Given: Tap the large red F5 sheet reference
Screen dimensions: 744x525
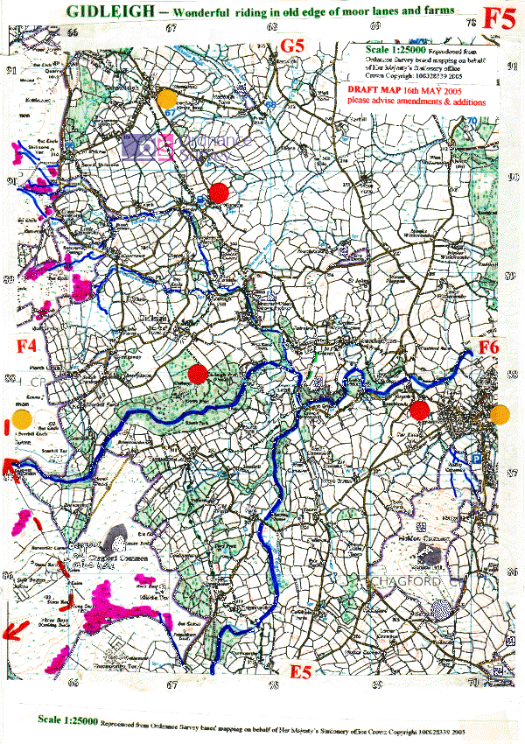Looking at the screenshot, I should (x=500, y=18).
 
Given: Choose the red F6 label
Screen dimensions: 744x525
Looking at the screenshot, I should (x=487, y=347).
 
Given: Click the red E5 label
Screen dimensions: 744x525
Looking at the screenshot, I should (x=301, y=670).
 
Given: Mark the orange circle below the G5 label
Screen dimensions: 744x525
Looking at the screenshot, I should (x=166, y=98).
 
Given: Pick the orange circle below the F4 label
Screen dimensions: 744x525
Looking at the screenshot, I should (x=21, y=418).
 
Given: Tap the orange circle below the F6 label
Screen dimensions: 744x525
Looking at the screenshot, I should (x=500, y=415).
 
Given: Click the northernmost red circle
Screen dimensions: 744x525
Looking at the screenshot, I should (x=220, y=191).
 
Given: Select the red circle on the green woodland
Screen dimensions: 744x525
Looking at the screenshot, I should (x=199, y=375).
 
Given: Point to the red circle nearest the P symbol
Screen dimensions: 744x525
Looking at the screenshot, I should (x=422, y=409).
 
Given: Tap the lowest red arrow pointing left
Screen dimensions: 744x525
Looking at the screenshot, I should (x=10, y=630).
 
